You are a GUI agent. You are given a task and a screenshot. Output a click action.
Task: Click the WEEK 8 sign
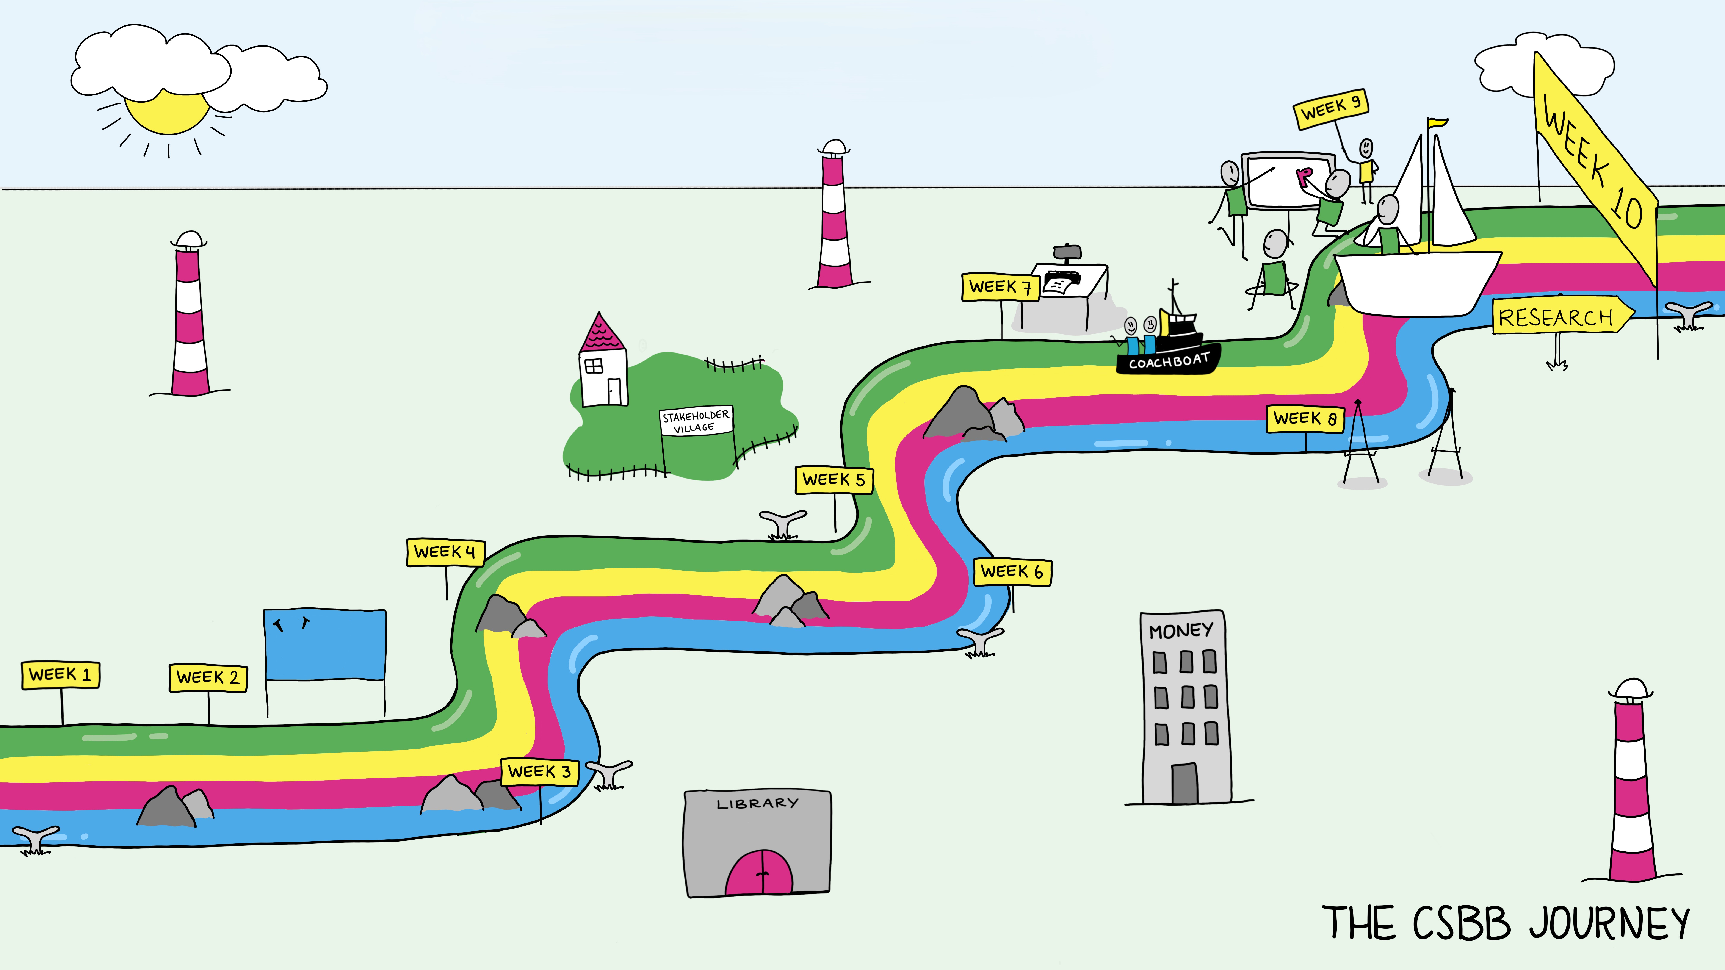tap(1305, 418)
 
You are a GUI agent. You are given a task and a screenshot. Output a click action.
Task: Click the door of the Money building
tap(1184, 782)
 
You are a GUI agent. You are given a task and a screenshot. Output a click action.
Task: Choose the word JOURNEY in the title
tap(1609, 923)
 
